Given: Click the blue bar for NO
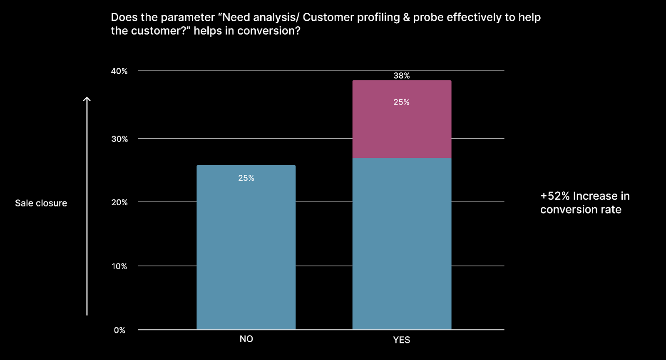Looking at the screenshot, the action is tap(246, 247).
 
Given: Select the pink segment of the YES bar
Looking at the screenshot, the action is tap(402, 119).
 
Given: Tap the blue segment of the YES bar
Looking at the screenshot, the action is tap(402, 244).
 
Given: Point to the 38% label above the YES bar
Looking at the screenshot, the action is tap(402, 76).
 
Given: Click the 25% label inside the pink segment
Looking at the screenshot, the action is tap(401, 102).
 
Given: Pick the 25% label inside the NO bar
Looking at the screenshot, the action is tap(246, 178).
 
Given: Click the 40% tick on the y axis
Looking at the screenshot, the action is tap(119, 71).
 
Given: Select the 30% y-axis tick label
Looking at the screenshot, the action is tap(119, 139).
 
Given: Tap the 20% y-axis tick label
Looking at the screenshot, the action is tap(119, 202).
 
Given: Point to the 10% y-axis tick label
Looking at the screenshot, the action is tap(119, 266).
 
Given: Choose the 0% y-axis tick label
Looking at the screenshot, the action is tap(119, 330).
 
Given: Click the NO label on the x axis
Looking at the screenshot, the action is tap(246, 339).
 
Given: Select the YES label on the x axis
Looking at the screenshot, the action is tap(402, 340).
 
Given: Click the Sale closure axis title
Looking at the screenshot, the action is tap(41, 204).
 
